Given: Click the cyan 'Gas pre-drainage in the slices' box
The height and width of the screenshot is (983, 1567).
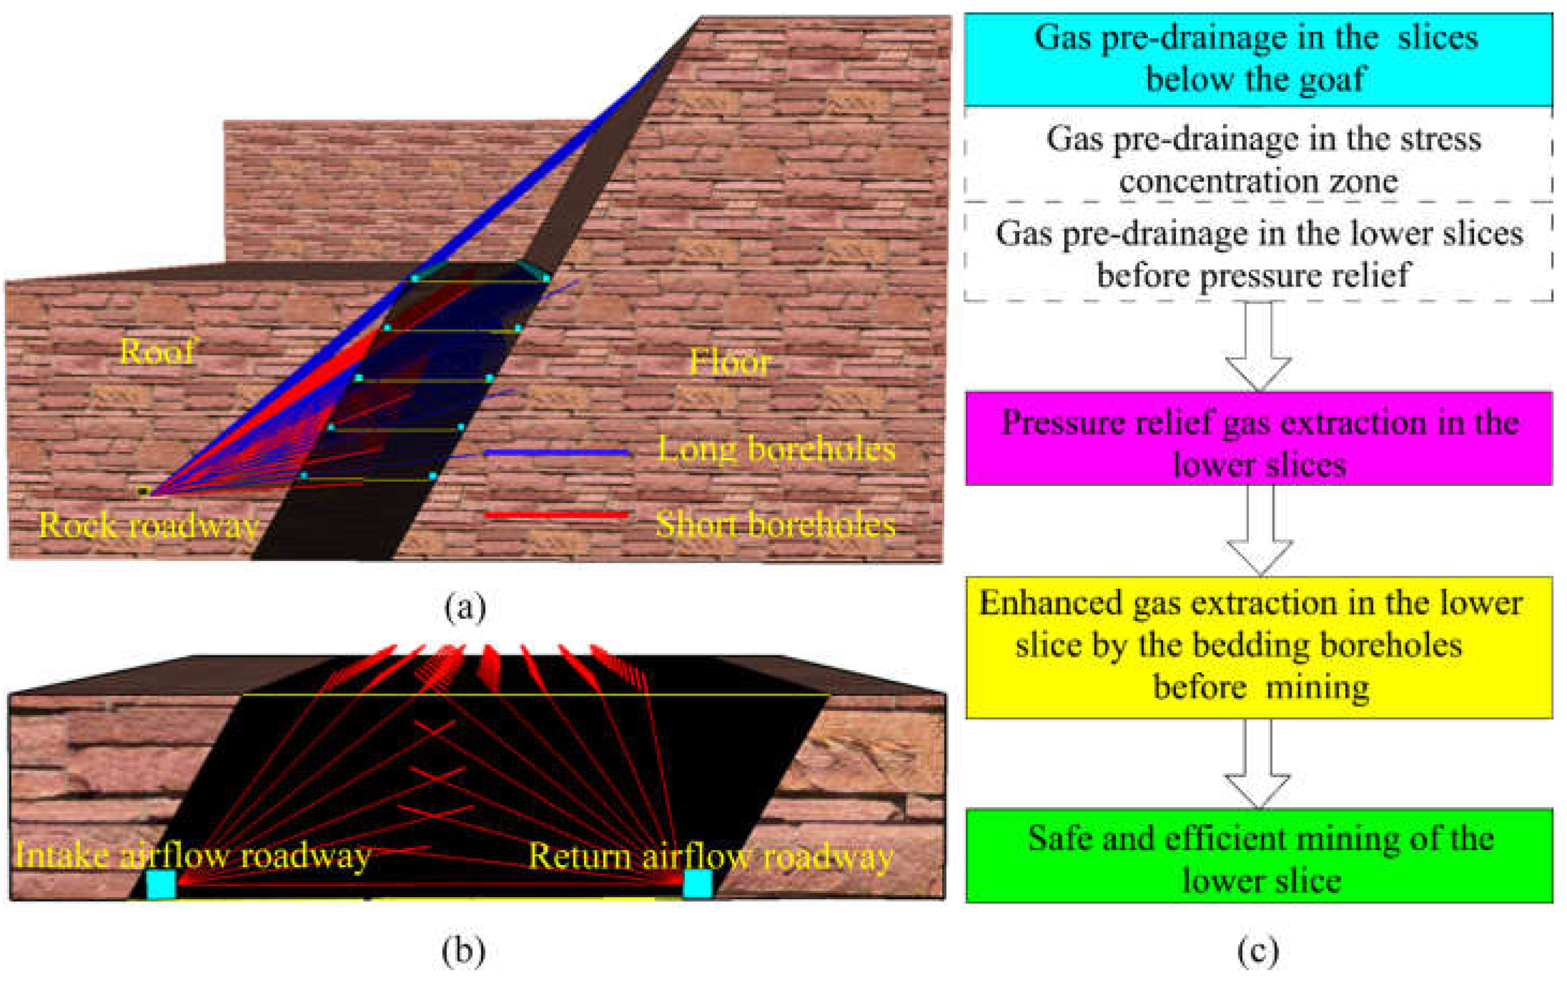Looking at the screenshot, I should click(1258, 58).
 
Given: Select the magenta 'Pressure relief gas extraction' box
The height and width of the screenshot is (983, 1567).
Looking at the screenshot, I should click(1258, 439).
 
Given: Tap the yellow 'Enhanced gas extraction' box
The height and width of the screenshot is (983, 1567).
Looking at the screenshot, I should click(1258, 646).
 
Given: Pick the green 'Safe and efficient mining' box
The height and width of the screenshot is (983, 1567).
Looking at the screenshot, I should click(1258, 855).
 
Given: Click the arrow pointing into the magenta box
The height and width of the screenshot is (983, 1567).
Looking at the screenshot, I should click(1258, 348).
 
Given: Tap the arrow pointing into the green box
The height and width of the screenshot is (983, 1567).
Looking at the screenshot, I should click(1258, 764).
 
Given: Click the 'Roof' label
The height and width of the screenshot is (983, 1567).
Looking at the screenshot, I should click(156, 352).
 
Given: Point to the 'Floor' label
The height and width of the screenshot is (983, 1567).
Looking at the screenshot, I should click(729, 362).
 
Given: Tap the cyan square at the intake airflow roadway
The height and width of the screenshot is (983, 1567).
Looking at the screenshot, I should click(160, 885).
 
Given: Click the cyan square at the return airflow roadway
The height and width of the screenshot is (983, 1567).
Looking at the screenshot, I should click(697, 884).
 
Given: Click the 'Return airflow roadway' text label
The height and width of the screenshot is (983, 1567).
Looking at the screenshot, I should click(711, 856).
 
